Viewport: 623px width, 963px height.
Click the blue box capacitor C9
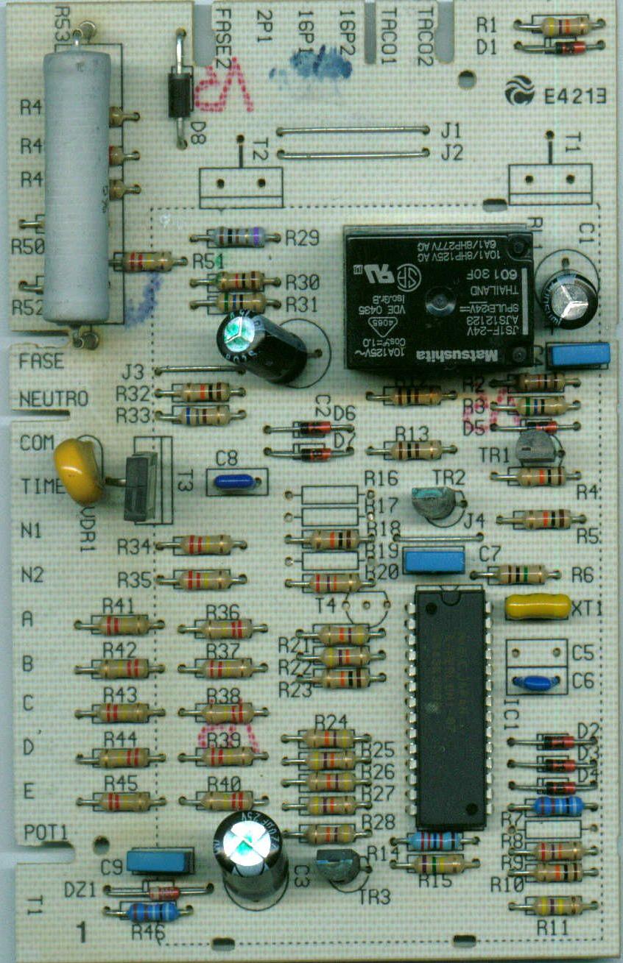click(x=159, y=861)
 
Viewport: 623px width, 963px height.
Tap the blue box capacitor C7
click(x=434, y=561)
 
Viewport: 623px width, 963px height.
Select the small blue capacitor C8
click(x=234, y=483)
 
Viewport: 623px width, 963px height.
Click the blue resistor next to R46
click(x=153, y=912)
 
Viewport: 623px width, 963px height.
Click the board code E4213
click(x=574, y=96)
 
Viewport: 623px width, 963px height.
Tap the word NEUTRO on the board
click(x=54, y=399)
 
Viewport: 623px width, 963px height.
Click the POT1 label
click(x=46, y=832)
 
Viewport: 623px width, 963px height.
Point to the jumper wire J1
click(x=353, y=130)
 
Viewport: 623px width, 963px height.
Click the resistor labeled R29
click(x=236, y=237)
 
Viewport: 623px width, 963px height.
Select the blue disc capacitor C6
click(x=534, y=683)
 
